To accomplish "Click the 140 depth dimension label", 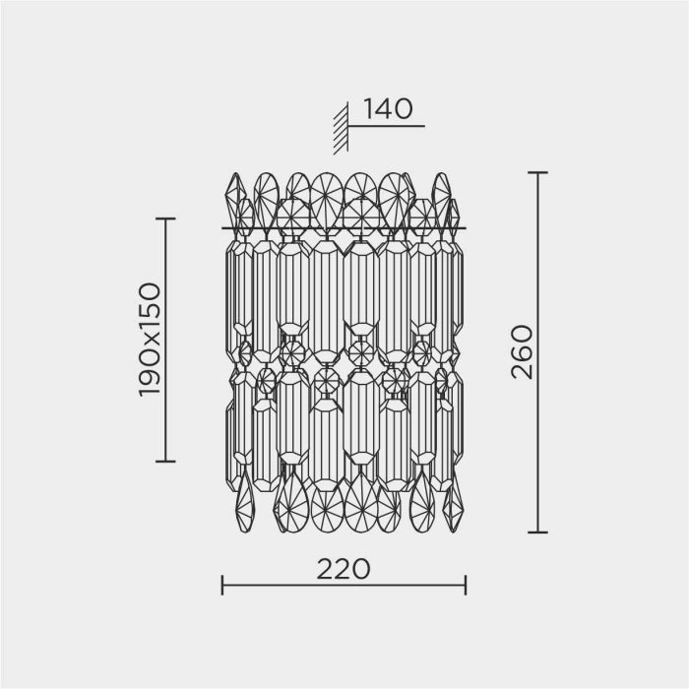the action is point(389,109).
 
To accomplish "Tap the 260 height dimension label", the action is point(522,352).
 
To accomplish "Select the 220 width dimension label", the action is point(344,569).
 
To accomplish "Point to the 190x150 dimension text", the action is point(150,341).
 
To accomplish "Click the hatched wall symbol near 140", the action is point(341,128).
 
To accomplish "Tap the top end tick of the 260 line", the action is point(537,172).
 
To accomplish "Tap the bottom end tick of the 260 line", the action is point(537,532).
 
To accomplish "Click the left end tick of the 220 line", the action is point(222,585).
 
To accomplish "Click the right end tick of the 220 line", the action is point(466,585).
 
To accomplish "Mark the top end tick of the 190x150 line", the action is point(165,219).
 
